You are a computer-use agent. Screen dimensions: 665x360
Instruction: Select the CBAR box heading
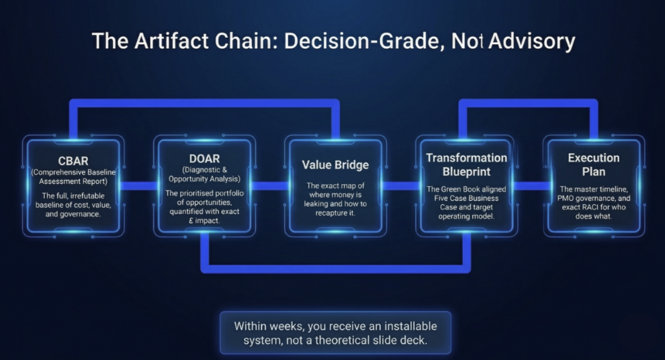73,161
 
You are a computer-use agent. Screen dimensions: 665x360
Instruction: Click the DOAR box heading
204,159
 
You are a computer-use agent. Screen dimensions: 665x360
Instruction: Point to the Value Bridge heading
335,165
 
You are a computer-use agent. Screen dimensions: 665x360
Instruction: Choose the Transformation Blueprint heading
466,165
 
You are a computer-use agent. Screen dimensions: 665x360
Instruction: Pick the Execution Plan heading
593,165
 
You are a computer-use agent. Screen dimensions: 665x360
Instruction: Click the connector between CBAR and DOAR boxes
138,186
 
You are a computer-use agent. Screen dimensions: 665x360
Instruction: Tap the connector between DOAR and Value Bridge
269,186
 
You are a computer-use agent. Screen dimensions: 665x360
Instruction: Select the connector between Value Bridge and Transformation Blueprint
401,186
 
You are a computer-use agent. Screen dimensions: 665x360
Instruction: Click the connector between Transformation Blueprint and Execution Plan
529,186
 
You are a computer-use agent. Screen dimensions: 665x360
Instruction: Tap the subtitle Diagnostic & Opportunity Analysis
204,175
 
